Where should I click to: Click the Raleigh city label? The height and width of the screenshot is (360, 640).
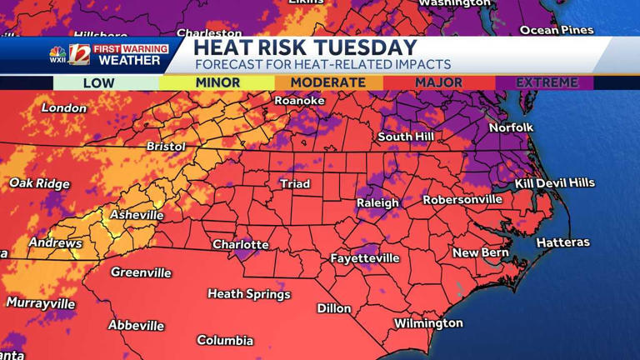(x=377, y=202)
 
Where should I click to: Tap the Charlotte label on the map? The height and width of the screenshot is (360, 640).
(x=241, y=244)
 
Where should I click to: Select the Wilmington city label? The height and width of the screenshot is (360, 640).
(x=428, y=322)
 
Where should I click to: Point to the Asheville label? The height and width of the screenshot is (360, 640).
(x=137, y=215)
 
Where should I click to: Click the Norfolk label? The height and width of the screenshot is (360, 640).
(x=511, y=127)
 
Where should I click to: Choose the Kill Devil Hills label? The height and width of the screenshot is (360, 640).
(x=554, y=182)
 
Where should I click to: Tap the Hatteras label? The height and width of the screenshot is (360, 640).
(x=562, y=242)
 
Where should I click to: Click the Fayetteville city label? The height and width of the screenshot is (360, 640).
(x=364, y=258)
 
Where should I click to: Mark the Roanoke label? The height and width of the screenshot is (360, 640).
(x=299, y=101)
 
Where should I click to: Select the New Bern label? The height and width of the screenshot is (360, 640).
(x=480, y=252)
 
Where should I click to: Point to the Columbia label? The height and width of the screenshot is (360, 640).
(x=224, y=340)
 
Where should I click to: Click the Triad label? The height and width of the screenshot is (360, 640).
(x=294, y=183)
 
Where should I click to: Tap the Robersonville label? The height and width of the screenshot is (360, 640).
(x=462, y=200)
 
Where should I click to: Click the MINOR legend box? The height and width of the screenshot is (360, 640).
(x=217, y=82)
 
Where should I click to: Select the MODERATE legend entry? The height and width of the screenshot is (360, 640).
(x=328, y=82)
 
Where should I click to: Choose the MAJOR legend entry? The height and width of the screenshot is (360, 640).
(x=438, y=82)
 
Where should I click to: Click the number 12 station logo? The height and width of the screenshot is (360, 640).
(x=79, y=54)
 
